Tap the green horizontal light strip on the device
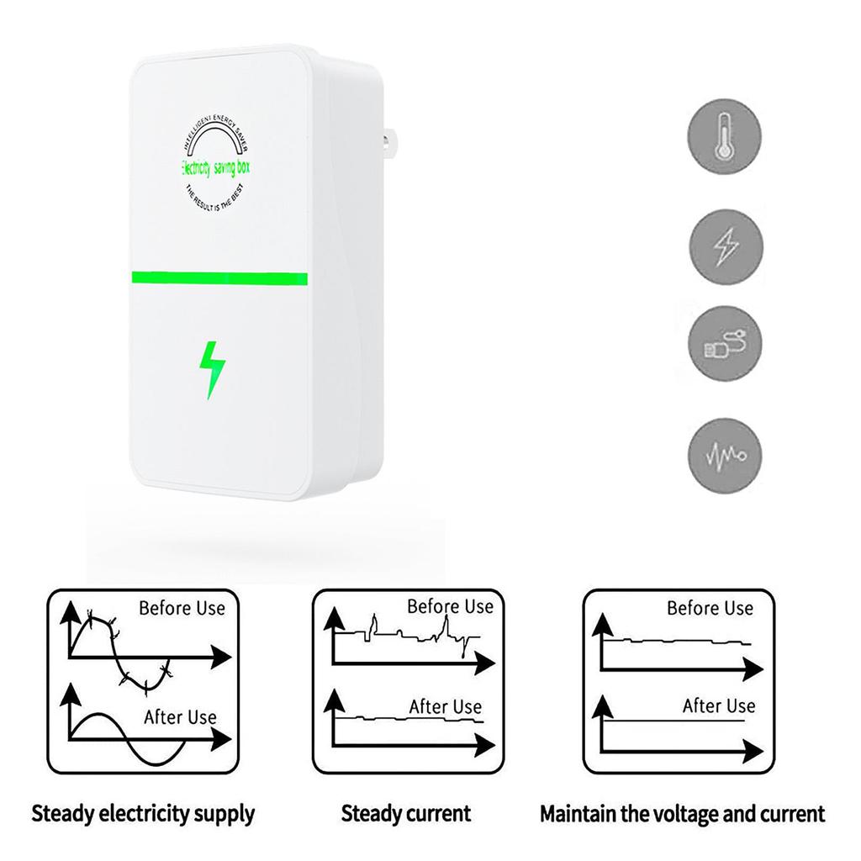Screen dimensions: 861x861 pyautogui.click(x=219, y=278)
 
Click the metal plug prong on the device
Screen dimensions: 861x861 pyautogui.click(x=389, y=142)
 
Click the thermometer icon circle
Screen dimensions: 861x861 pyautogui.click(x=725, y=137)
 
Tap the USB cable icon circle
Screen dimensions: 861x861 pyautogui.click(x=725, y=345)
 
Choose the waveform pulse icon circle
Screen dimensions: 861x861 pyautogui.click(x=725, y=457)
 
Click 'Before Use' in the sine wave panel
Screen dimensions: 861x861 pyautogui.click(x=182, y=608)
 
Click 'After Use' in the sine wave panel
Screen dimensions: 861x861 pyautogui.click(x=180, y=717)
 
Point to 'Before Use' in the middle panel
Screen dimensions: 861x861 pyautogui.click(x=450, y=606)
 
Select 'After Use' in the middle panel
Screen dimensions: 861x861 pyautogui.click(x=446, y=707)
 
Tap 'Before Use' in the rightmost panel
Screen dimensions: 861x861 pyautogui.click(x=710, y=608)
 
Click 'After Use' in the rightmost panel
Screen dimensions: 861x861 pyautogui.click(x=719, y=706)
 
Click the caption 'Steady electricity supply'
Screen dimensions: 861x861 pyautogui.click(x=143, y=814)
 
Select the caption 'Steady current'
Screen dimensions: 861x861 pyautogui.click(x=406, y=814)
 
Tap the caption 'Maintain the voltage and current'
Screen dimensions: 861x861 pyautogui.click(x=682, y=814)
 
